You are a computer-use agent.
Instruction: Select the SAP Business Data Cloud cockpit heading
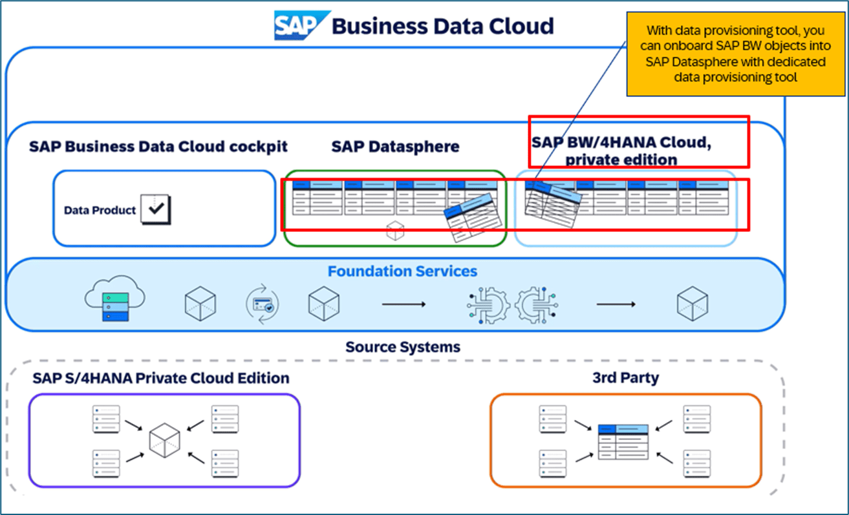pyautogui.click(x=158, y=146)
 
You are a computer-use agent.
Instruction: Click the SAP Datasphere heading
pyautogui.click(x=395, y=147)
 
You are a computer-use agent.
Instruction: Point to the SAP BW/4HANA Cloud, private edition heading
pyautogui.click(x=621, y=150)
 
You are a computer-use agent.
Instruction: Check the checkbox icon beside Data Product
pyautogui.click(x=156, y=209)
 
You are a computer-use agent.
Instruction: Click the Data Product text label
pyautogui.click(x=100, y=210)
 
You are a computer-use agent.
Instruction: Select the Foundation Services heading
pyautogui.click(x=402, y=271)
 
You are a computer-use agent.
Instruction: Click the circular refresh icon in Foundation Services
pyautogui.click(x=263, y=303)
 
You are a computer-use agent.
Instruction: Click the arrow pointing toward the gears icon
pyautogui.click(x=403, y=303)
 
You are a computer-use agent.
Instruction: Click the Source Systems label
pyautogui.click(x=403, y=347)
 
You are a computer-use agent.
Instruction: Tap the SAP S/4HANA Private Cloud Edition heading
pyautogui.click(x=161, y=377)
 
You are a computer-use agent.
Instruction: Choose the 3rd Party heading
pyautogui.click(x=625, y=377)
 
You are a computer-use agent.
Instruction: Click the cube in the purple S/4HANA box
pyautogui.click(x=164, y=439)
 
